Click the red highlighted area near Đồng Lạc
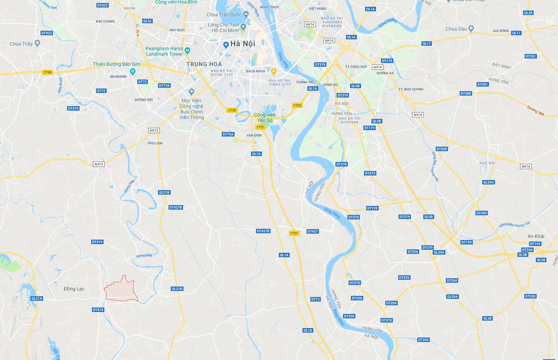click(121, 290)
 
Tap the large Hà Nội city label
click(242, 44)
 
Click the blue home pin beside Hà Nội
click(226, 45)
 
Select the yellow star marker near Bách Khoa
click(274, 71)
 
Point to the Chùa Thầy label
click(21, 44)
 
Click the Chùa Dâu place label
click(456, 29)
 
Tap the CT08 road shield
click(47, 72)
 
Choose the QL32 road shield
click(147, 21)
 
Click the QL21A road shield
click(37, 298)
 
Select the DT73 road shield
click(316, 299)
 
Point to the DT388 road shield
click(466, 93)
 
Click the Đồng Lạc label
click(74, 289)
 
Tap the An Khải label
click(536, 236)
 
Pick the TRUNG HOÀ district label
click(204, 64)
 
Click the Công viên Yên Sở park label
click(265, 117)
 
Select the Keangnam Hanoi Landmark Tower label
click(164, 51)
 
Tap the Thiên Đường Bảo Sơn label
click(116, 64)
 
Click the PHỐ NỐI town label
click(487, 163)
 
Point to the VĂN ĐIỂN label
click(254, 135)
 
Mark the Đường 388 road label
click(535, 110)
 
